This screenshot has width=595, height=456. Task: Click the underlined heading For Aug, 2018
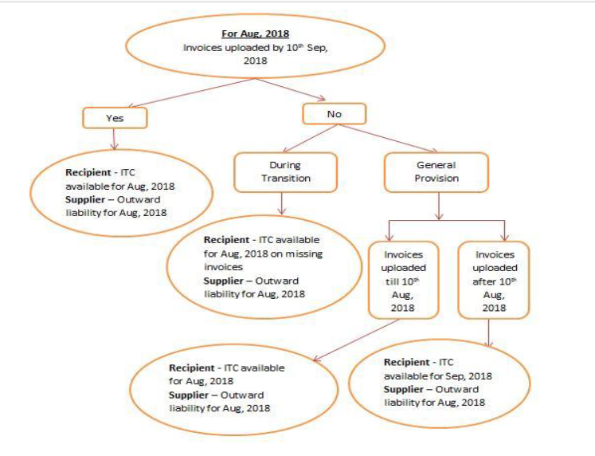pyautogui.click(x=256, y=33)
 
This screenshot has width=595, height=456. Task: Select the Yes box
pyautogui.click(x=115, y=118)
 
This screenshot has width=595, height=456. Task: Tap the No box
pyautogui.click(x=335, y=114)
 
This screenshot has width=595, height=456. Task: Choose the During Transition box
pyautogui.click(x=285, y=172)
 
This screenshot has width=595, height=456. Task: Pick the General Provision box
pyautogui.click(x=436, y=172)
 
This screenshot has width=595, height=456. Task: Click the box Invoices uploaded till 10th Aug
pyautogui.click(x=403, y=280)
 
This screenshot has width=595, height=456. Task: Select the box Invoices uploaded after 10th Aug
pyautogui.click(x=494, y=280)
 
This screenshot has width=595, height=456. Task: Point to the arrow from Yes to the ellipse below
pyautogui.click(x=114, y=139)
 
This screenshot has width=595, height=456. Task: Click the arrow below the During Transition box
pyautogui.click(x=281, y=203)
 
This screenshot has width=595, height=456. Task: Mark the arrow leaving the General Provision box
pyautogui.click(x=439, y=206)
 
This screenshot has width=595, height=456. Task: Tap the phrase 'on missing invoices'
pyautogui.click(x=264, y=260)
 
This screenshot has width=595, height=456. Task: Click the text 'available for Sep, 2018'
pyautogui.click(x=438, y=376)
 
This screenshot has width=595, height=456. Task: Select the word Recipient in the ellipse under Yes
pyautogui.click(x=88, y=172)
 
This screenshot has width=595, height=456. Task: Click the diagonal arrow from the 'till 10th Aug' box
pyautogui.click(x=356, y=340)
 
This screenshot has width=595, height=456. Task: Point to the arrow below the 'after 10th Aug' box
pyautogui.click(x=489, y=333)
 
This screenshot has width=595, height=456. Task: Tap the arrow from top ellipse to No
pyautogui.click(x=291, y=89)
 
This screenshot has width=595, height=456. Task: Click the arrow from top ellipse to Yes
pyautogui.click(x=192, y=92)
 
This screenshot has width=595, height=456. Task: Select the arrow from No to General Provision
pyautogui.click(x=386, y=138)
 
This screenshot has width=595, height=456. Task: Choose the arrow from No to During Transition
pyautogui.click(x=309, y=139)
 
